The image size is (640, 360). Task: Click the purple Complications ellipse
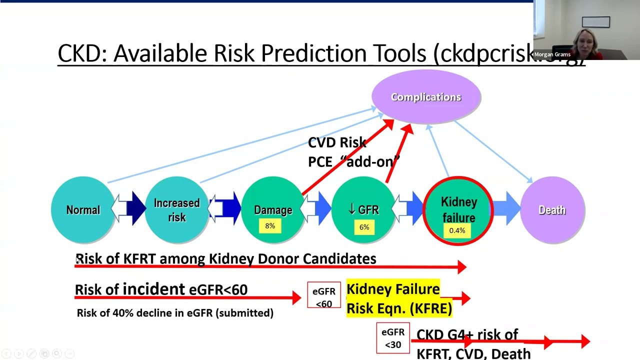[426, 97]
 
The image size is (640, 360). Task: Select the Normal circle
[83, 210]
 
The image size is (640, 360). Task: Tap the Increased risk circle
[176, 210]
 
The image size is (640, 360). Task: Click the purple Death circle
[552, 210]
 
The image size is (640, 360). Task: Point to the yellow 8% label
[270, 226]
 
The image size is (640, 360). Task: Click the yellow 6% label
[364, 227]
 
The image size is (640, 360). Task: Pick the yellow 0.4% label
[457, 230]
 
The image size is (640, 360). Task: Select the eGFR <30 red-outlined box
[392, 338]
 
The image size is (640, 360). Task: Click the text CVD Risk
[337, 142]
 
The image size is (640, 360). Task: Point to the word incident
[153, 289]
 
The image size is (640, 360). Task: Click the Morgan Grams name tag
[552, 54]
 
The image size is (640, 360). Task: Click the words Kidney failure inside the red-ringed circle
[458, 209]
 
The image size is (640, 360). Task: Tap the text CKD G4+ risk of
[467, 334]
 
